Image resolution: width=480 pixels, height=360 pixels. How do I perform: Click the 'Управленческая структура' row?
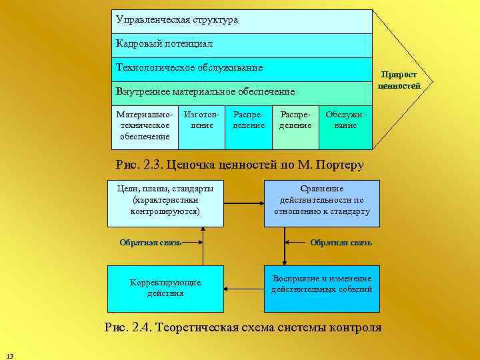click(241, 21)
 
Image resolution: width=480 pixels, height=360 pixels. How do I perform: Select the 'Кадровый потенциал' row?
click(241, 44)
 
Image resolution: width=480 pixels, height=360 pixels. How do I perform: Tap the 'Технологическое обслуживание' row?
click(241, 68)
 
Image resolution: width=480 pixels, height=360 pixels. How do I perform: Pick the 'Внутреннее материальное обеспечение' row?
click(241, 91)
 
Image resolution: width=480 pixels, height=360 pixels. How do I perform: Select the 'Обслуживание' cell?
click(345, 121)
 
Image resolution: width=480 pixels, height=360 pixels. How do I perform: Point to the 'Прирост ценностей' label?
click(399, 81)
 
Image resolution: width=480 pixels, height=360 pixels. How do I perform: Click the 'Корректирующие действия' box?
click(165, 288)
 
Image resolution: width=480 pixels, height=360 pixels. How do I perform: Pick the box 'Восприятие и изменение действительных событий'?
click(321, 288)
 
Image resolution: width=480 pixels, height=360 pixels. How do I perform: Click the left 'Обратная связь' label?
click(150, 243)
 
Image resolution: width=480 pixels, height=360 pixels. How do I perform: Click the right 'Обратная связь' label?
click(341, 243)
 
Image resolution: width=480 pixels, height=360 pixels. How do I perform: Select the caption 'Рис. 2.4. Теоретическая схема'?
click(243, 327)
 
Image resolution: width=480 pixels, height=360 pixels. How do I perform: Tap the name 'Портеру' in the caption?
click(339, 165)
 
